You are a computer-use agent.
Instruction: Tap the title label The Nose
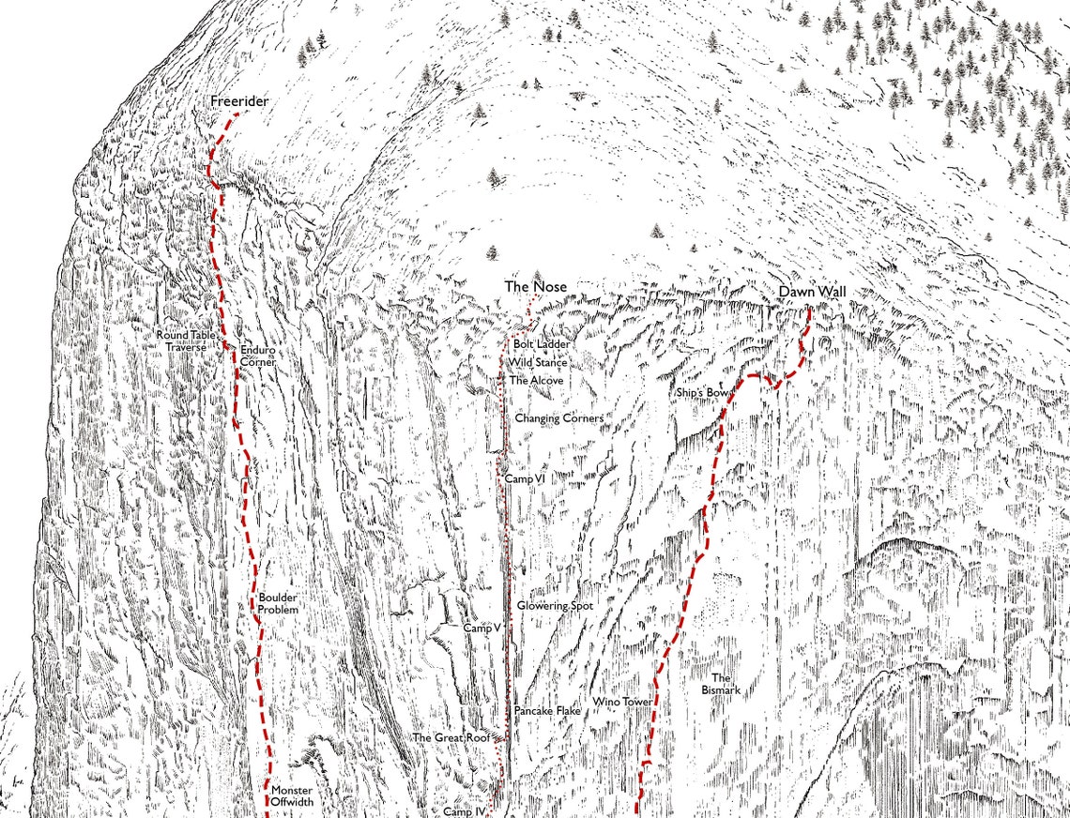tap(536, 286)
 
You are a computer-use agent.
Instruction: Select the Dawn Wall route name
tap(812, 293)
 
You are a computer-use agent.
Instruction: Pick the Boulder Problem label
tap(278, 603)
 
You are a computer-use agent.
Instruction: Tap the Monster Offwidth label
tap(292, 796)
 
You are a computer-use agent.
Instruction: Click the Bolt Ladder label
tap(542, 345)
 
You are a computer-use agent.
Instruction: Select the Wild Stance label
tap(538, 362)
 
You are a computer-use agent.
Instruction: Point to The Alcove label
tap(536, 381)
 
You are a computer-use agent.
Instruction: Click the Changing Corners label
tap(558, 418)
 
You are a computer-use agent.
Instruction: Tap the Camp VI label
tap(525, 478)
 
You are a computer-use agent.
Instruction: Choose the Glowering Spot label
tap(555, 606)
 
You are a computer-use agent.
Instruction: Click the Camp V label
tap(481, 628)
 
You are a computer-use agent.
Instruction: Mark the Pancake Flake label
tap(547, 711)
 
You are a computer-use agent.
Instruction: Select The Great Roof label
tap(452, 737)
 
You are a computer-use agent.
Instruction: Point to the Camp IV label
tap(464, 810)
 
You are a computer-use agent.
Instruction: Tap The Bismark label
tap(721, 684)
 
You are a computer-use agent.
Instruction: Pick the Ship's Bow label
tap(703, 391)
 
